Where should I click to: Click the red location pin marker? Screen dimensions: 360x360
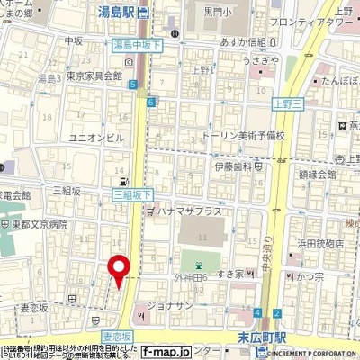pyautogui.click(x=118, y=271)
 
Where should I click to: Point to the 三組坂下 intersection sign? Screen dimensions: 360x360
pyautogui.click(x=133, y=193)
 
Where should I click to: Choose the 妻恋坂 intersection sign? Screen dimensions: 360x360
pyautogui.click(x=117, y=336)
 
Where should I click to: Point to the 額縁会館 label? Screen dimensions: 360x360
pyautogui.click(x=317, y=178)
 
